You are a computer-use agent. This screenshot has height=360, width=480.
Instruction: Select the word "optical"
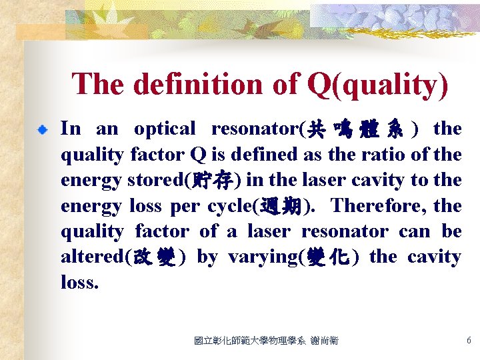click(165, 129)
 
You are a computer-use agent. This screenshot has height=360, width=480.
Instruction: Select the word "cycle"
click(229, 206)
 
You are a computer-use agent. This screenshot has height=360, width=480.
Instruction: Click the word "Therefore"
click(376, 206)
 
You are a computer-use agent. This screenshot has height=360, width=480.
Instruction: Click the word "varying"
click(260, 257)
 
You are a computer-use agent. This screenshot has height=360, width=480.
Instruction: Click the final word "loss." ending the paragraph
click(79, 282)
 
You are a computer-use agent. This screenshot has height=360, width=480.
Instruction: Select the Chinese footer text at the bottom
click(266, 341)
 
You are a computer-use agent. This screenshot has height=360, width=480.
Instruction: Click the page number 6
click(469, 341)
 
